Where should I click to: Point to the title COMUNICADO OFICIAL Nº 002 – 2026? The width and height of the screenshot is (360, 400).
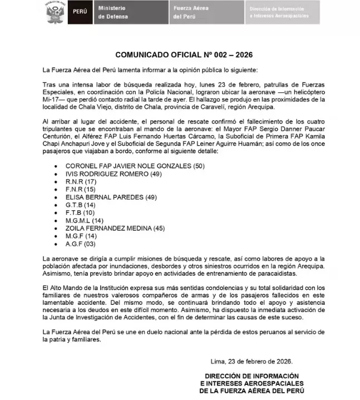coord(180,55)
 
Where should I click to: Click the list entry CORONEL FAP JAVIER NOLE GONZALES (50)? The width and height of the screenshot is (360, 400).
coord(127,166)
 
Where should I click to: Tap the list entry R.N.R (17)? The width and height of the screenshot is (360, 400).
coord(81,182)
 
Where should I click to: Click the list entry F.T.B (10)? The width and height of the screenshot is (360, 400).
coord(80,213)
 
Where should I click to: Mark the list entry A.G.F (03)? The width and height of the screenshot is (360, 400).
coord(81,244)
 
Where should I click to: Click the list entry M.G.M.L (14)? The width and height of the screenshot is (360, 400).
coord(85,220)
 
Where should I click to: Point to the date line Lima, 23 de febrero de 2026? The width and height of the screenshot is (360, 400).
coord(255,361)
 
